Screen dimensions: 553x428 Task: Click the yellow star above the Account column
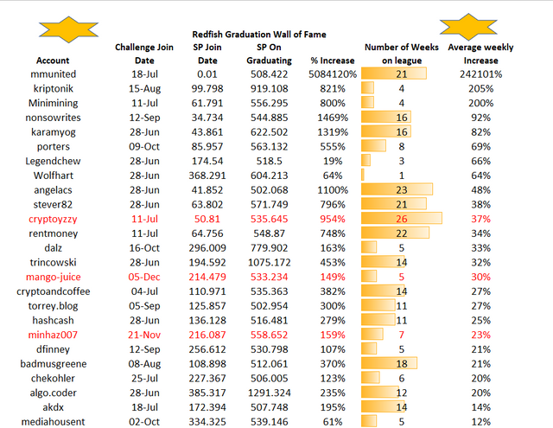click(68, 29)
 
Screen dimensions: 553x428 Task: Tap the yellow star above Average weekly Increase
click(468, 27)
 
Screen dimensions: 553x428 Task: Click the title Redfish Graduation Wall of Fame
click(259, 35)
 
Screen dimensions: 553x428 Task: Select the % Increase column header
click(332, 61)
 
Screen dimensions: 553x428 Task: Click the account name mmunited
click(53, 74)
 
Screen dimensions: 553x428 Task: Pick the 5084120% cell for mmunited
click(332, 74)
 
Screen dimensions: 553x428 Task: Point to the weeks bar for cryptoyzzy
click(401, 219)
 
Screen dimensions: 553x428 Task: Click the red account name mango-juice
click(54, 277)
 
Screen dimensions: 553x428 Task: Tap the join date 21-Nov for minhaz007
click(144, 335)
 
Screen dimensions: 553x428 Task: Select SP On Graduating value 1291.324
click(269, 393)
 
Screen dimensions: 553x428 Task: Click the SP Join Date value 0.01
click(207, 74)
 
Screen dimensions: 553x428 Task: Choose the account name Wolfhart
click(54, 176)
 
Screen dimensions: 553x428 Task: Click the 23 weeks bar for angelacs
click(397, 189)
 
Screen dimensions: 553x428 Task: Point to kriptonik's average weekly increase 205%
click(480, 88)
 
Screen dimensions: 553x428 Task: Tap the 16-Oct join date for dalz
click(144, 247)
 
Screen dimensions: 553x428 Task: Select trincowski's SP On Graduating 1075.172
click(269, 262)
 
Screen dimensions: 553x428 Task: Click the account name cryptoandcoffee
click(54, 291)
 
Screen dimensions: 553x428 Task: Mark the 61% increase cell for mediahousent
click(332, 422)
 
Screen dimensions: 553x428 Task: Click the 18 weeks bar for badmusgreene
click(389, 363)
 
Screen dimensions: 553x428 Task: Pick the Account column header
click(53, 61)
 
